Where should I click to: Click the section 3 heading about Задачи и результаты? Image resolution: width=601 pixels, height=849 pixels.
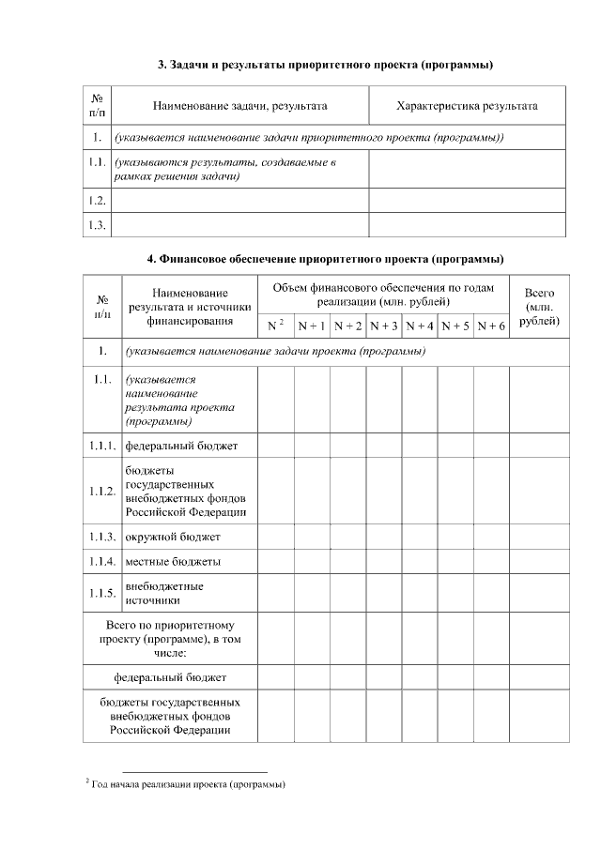click(x=325, y=65)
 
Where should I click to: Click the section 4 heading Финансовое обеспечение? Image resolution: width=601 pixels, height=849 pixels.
click(x=325, y=258)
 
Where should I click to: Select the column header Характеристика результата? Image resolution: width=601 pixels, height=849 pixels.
click(x=467, y=106)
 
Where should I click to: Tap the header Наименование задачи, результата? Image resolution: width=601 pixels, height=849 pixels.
click(x=240, y=106)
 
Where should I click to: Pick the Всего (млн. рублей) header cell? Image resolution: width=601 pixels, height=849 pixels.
click(x=539, y=307)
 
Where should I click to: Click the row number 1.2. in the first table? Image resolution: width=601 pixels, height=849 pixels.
click(x=97, y=201)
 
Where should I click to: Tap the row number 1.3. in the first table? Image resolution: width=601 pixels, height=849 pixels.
click(x=97, y=225)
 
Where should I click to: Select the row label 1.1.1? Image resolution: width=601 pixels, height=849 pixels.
click(x=102, y=444)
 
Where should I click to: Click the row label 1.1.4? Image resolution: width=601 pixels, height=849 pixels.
click(x=102, y=561)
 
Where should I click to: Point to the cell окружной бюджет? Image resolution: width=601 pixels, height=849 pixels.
click(x=173, y=537)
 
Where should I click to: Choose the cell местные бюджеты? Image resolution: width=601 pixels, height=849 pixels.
click(x=173, y=561)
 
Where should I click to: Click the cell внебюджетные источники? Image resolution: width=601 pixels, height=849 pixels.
click(x=164, y=593)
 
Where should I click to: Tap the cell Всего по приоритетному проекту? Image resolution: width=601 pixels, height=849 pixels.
click(x=170, y=638)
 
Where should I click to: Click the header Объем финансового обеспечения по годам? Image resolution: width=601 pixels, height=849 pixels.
click(x=383, y=294)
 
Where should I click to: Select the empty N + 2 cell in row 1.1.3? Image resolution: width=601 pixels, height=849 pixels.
click(x=347, y=537)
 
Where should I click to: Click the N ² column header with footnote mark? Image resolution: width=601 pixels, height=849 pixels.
click(x=275, y=326)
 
